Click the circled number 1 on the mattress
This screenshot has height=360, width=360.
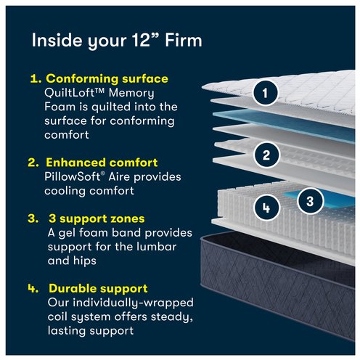(x=265, y=93)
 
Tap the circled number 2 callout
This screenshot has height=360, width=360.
(x=266, y=155)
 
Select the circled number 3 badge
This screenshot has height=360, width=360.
(x=310, y=201)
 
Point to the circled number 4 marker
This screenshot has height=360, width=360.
(x=266, y=208)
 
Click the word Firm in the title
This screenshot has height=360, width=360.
(x=184, y=40)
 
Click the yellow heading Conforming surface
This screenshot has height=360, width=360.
(x=107, y=78)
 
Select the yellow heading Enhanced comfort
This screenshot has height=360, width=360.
(x=102, y=163)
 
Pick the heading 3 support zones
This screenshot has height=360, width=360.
(x=97, y=218)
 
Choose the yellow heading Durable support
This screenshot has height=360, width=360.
(x=98, y=288)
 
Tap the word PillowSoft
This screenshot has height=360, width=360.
(x=73, y=176)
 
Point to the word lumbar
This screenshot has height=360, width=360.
(x=156, y=247)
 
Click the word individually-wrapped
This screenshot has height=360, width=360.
(x=134, y=303)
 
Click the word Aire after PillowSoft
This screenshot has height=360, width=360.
(x=119, y=176)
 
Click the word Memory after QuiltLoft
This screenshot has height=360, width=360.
(x=131, y=94)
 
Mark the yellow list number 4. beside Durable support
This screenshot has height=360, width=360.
(x=33, y=288)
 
